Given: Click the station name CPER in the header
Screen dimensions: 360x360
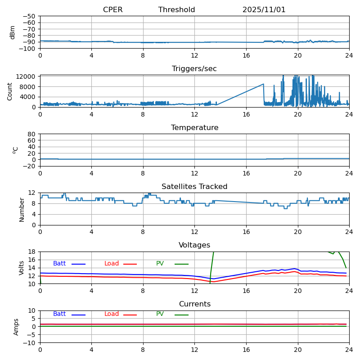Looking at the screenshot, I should click(112, 10).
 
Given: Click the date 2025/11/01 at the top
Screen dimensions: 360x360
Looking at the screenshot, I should click(264, 10).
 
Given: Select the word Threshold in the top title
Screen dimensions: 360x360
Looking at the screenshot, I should click(176, 10).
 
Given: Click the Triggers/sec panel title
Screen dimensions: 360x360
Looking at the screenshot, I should click(194, 69).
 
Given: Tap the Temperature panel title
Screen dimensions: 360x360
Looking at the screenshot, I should click(194, 128).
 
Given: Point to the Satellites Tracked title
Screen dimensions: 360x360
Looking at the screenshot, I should click(194, 187).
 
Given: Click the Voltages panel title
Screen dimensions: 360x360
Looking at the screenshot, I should click(194, 245).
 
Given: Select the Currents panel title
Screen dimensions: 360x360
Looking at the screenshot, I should click(194, 304).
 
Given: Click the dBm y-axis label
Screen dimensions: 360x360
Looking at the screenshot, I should click(13, 32).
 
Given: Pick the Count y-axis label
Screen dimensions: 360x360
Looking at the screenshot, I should click(10, 91).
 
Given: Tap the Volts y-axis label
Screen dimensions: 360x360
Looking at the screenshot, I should click(22, 268).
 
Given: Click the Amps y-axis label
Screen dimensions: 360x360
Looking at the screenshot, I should click(16, 327).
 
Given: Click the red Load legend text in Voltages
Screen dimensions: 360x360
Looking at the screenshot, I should click(112, 264).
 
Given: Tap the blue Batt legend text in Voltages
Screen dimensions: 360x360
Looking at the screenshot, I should click(59, 264).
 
